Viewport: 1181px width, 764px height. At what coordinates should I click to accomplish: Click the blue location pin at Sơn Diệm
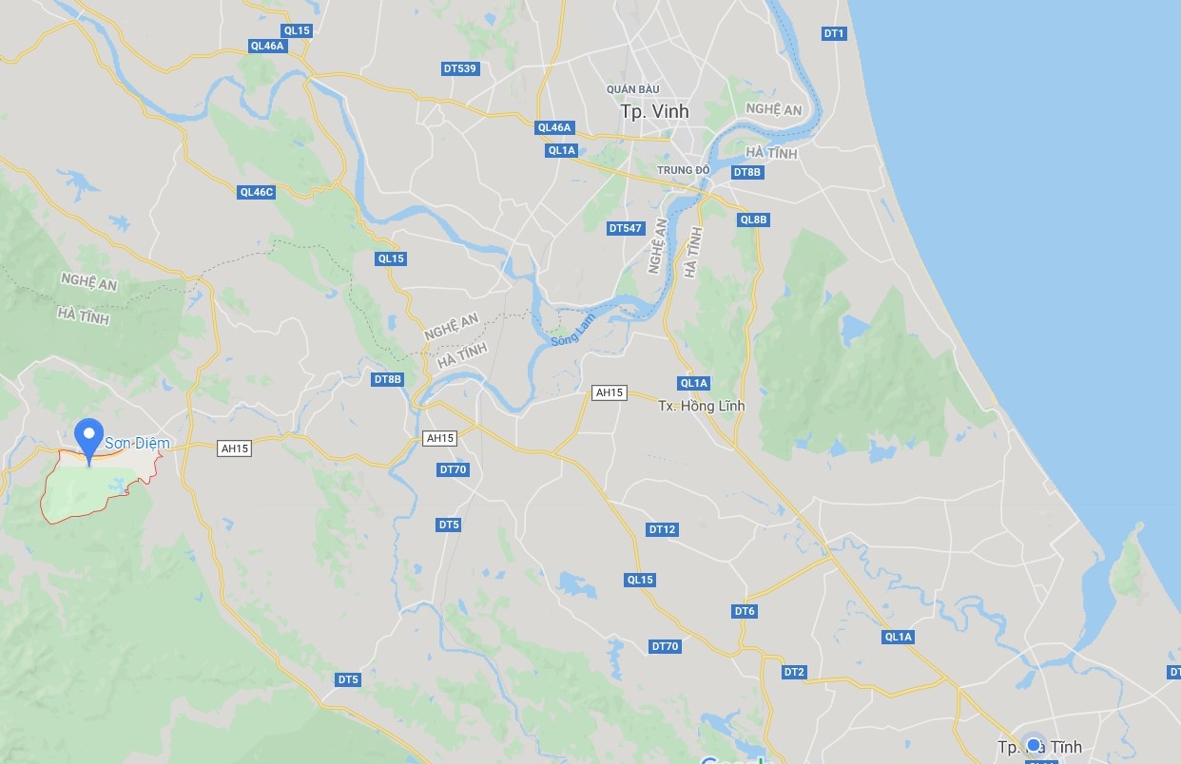pyautogui.click(x=90, y=438)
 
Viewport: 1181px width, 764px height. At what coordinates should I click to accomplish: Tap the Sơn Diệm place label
pyautogui.click(x=137, y=444)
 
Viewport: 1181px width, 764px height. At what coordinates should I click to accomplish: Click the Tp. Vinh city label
pyautogui.click(x=654, y=111)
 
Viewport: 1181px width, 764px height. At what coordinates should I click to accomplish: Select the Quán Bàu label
pyautogui.click(x=632, y=89)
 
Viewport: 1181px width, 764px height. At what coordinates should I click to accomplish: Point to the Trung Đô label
pyautogui.click(x=684, y=171)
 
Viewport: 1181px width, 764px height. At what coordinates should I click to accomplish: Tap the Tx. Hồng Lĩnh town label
pyautogui.click(x=702, y=406)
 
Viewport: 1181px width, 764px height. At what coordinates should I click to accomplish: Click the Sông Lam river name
pyautogui.click(x=573, y=329)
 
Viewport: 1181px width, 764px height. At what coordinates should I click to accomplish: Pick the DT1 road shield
pyautogui.click(x=834, y=33)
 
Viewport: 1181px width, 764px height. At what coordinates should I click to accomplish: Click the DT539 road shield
pyautogui.click(x=459, y=68)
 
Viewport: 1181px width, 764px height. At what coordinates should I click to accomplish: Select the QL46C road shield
pyautogui.click(x=256, y=192)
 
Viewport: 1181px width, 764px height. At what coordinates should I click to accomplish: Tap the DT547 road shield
pyautogui.click(x=626, y=228)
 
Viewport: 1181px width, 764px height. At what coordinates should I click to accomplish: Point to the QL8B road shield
pyautogui.click(x=753, y=220)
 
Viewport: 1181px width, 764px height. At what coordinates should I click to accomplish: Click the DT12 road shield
pyautogui.click(x=662, y=529)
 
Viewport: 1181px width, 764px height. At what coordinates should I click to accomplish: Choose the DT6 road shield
pyautogui.click(x=745, y=611)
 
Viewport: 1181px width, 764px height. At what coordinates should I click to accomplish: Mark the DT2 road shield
pyautogui.click(x=794, y=672)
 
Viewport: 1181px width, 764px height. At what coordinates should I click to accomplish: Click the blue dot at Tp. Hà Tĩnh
pyautogui.click(x=1035, y=744)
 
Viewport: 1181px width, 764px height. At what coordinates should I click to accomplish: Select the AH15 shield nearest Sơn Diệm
pyautogui.click(x=234, y=449)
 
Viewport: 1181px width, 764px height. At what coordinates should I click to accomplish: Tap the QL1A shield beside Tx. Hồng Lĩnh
pyautogui.click(x=693, y=383)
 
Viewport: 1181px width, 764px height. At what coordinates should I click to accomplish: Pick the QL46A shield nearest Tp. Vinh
pyautogui.click(x=554, y=127)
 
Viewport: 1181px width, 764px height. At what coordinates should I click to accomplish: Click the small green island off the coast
pyautogui.click(x=1129, y=562)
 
